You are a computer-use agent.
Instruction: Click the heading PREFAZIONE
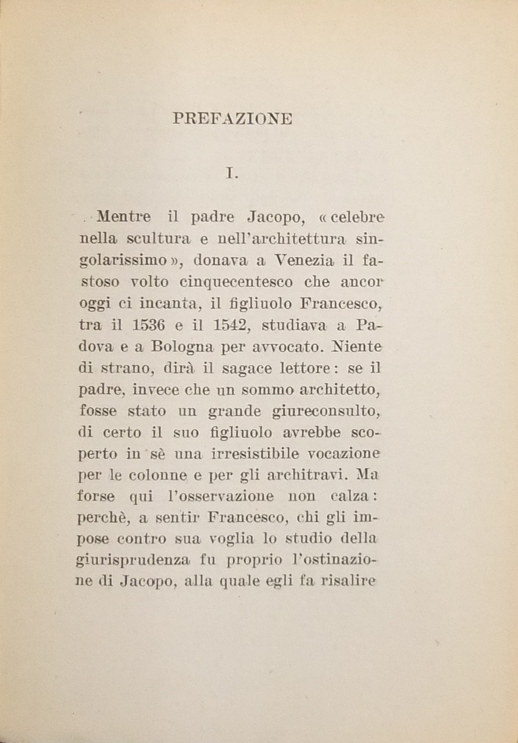pos(233,118)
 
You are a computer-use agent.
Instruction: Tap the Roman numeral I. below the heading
pos(231,173)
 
